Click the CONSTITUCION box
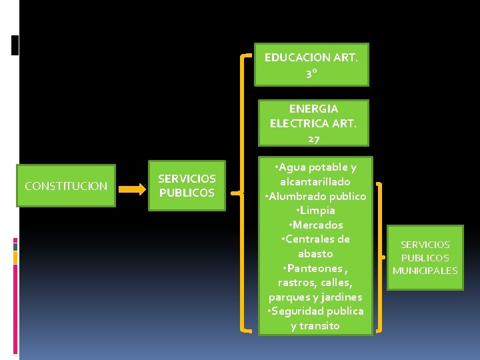click(66, 186)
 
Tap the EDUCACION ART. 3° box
click(311, 65)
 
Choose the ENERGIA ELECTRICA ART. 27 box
click(313, 123)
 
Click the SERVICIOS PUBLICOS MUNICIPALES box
click(425, 258)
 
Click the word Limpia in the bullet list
click(316, 210)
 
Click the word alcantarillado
click(315, 181)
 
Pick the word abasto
click(315, 253)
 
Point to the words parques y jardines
click(315, 297)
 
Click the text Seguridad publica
click(317, 311)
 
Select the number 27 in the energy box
click(313, 138)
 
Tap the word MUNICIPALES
click(425, 271)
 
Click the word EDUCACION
click(293, 57)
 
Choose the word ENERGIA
click(313, 108)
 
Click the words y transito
click(315, 325)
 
